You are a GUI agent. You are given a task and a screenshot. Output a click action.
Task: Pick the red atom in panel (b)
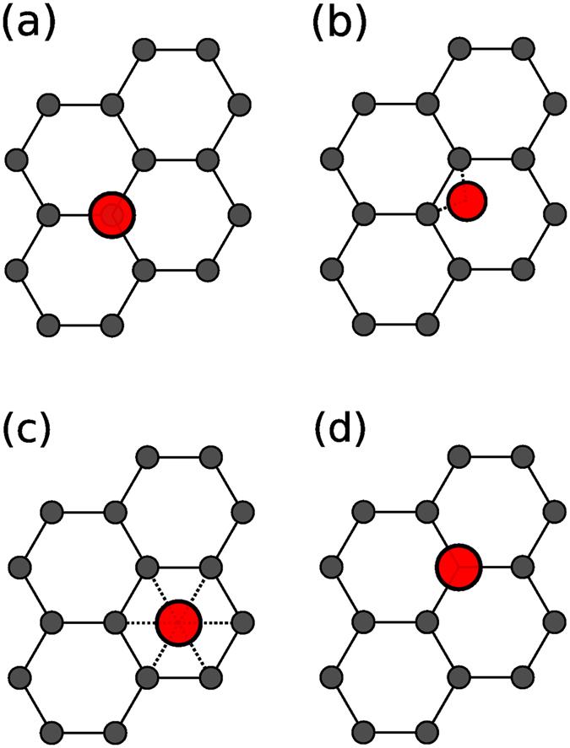[467, 202]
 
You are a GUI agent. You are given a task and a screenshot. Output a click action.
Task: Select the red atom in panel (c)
[178, 622]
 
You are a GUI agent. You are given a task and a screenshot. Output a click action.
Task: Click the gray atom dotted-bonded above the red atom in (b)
[460, 159]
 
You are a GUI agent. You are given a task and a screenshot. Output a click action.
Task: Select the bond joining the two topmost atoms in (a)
[175, 50]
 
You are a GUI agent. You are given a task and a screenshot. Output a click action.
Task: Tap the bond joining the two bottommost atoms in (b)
[396, 322]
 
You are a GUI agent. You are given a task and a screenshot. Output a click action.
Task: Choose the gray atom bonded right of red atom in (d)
[524, 566]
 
